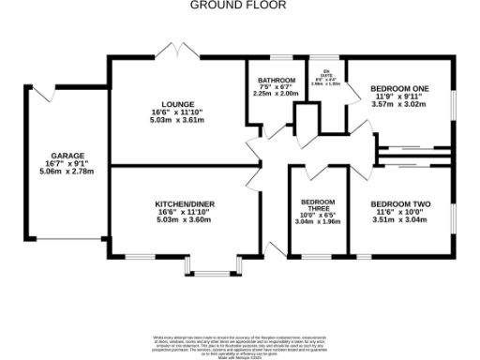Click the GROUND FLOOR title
click(x=239, y=5)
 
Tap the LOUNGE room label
click(x=177, y=104)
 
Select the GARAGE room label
click(x=67, y=155)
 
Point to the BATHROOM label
click(x=277, y=80)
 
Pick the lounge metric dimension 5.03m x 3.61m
click(x=177, y=121)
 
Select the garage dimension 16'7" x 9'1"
click(x=67, y=163)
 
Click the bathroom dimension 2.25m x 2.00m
click(x=277, y=94)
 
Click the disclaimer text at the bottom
click(x=239, y=343)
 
